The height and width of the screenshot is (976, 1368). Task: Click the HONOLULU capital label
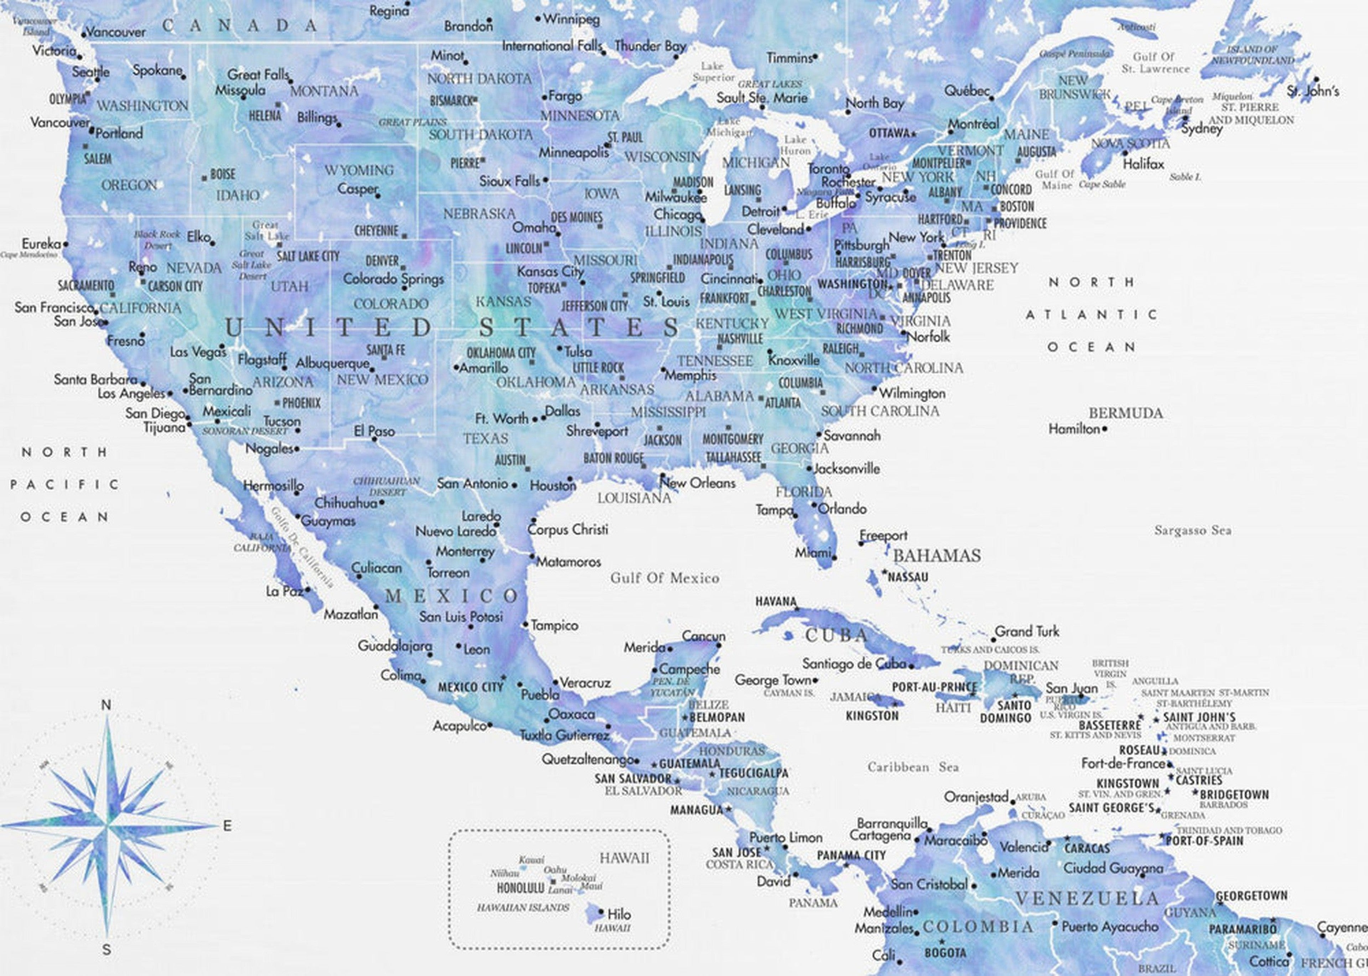click(520, 888)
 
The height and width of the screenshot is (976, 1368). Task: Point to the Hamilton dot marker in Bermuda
click(1105, 429)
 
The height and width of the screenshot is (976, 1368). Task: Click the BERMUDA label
click(1126, 413)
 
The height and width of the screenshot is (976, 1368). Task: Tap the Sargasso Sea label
click(1192, 530)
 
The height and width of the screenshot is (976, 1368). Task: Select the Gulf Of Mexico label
click(664, 578)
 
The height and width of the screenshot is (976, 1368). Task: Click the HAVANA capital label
click(776, 601)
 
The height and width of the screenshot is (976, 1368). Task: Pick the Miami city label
click(812, 552)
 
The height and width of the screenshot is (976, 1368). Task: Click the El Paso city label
click(374, 431)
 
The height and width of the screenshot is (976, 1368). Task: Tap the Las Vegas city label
click(198, 351)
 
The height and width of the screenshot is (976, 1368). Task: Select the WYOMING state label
click(359, 170)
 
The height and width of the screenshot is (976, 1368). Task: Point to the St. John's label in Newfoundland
click(1313, 92)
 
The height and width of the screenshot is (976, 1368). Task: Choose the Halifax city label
click(1143, 163)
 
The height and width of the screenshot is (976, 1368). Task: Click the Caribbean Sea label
click(913, 767)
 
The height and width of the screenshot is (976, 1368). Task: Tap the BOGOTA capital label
click(945, 952)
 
